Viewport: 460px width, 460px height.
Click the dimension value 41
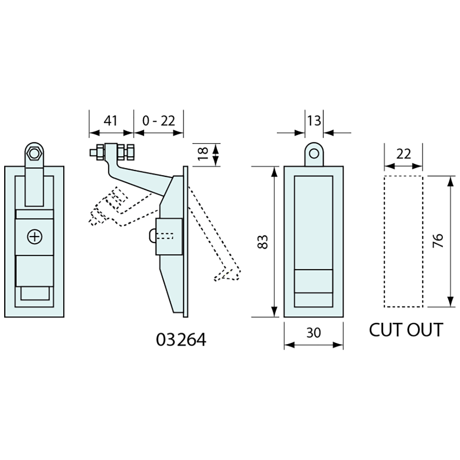click(x=110, y=121)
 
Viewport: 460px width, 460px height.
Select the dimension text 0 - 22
click(x=158, y=121)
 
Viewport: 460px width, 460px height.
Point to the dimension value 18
click(x=203, y=154)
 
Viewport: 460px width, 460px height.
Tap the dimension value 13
click(x=314, y=120)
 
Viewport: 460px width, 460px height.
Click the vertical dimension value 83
click(x=263, y=242)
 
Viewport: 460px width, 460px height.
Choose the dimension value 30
click(x=314, y=333)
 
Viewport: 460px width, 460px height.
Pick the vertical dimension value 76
click(x=437, y=242)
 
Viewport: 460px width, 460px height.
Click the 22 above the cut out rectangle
click(x=403, y=154)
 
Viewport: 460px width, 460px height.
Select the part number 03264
click(x=181, y=340)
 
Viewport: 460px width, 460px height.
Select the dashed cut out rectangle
click(x=403, y=242)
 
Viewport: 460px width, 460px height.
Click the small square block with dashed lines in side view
click(x=169, y=236)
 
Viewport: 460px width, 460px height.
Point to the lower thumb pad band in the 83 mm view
click(x=314, y=281)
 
